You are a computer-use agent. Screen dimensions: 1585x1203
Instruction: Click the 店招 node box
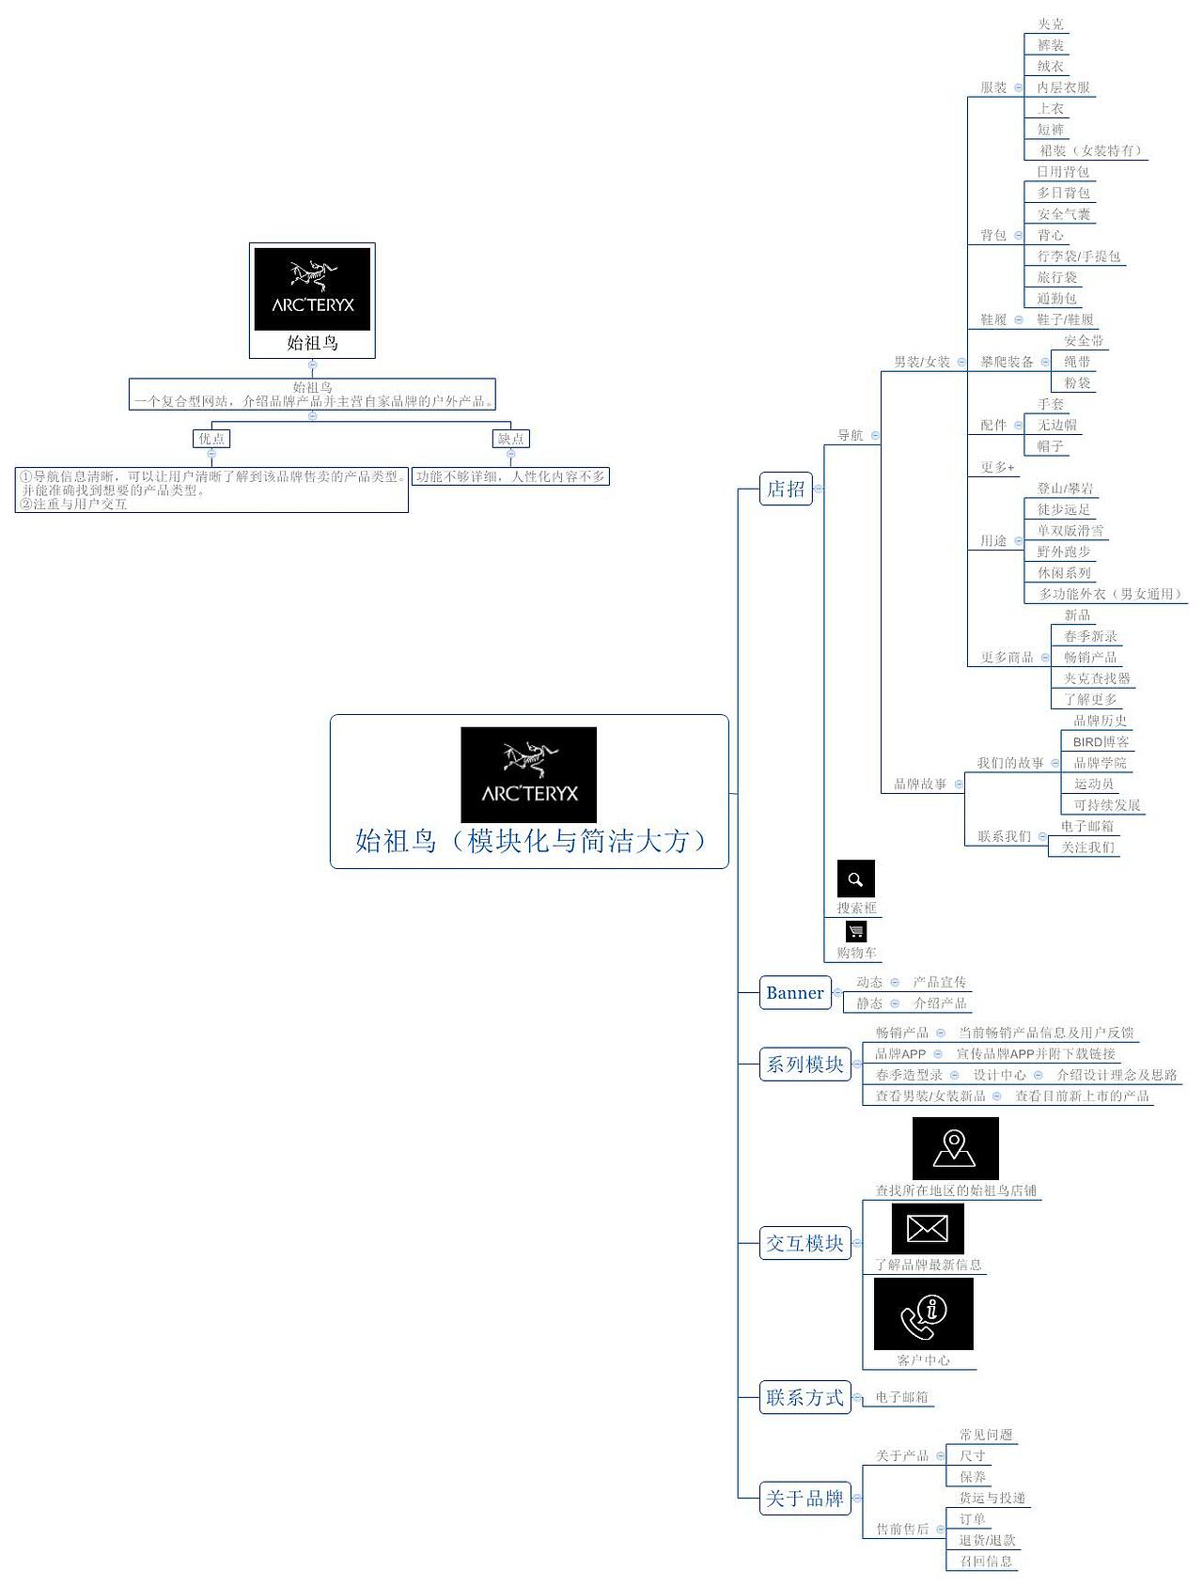[786, 489]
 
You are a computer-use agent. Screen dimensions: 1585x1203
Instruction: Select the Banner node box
[795, 992]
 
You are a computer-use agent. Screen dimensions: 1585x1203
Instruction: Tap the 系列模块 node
[805, 1064]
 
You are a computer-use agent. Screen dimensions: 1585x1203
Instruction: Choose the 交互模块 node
[805, 1243]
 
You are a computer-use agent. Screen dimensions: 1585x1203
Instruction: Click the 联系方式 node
[805, 1397]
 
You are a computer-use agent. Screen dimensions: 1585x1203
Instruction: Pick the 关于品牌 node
[805, 1498]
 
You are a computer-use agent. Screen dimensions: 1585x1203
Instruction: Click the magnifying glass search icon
[855, 878]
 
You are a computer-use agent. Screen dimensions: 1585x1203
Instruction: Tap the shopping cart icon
[855, 931]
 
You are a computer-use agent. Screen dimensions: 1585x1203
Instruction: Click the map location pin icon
[955, 1147]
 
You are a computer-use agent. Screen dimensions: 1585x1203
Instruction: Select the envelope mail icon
[927, 1228]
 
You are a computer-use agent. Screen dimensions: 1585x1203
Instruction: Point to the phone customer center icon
[923, 1313]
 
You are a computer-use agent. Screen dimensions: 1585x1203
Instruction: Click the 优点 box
[211, 439]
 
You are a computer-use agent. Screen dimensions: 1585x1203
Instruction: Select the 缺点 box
[511, 439]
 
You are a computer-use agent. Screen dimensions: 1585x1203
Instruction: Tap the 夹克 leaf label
[1051, 24]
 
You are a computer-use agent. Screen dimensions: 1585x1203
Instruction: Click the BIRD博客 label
[1101, 742]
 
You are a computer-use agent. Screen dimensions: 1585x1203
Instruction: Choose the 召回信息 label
[986, 1561]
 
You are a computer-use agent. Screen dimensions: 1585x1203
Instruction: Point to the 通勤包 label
[1056, 299]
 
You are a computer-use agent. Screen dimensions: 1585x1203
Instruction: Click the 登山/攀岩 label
[1065, 489]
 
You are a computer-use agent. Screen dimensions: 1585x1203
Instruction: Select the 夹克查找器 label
[1097, 678]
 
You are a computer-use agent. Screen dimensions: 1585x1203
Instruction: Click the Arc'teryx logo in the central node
[528, 774]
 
